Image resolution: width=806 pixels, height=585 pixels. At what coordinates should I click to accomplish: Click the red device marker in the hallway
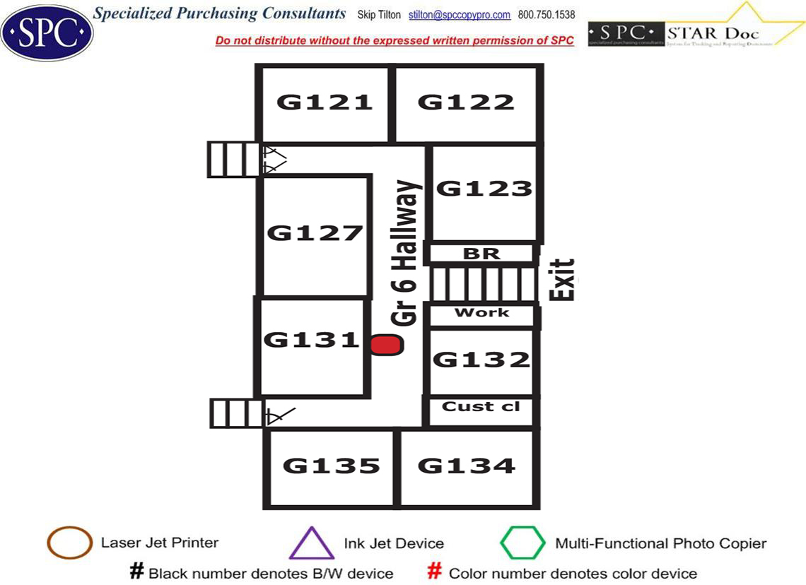coord(387,345)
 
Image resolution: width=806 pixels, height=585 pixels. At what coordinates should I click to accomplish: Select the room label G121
coord(325,102)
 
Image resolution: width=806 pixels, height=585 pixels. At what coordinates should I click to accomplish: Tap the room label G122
coord(466,102)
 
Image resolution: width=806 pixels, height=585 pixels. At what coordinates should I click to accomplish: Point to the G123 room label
coord(484,189)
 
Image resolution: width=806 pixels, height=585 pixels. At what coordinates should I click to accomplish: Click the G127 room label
coord(315,232)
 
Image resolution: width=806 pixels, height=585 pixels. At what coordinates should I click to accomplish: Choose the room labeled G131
coord(312,340)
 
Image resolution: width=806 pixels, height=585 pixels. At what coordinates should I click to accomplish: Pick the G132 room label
coord(481,360)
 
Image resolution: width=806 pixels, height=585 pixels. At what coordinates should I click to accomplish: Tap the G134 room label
coord(467,466)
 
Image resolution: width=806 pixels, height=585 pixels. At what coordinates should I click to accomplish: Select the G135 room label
coord(332,466)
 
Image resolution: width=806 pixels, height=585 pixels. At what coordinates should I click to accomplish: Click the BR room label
coord(481,253)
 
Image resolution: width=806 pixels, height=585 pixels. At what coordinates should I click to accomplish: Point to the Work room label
coord(481,312)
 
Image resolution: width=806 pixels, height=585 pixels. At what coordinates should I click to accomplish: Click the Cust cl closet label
coord(481,406)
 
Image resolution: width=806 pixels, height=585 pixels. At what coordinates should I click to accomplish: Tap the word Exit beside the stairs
coord(563,280)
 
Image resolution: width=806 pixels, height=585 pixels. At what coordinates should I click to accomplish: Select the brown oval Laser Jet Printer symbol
coord(69,543)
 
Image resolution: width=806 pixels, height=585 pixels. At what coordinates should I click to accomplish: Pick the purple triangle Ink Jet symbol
coord(311,544)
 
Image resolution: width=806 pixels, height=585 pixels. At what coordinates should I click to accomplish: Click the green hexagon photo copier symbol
coord(522,543)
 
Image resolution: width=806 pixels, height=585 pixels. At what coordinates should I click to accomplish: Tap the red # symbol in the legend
coord(436,572)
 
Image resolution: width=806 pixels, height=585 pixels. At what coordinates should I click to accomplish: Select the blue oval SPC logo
coord(47,32)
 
